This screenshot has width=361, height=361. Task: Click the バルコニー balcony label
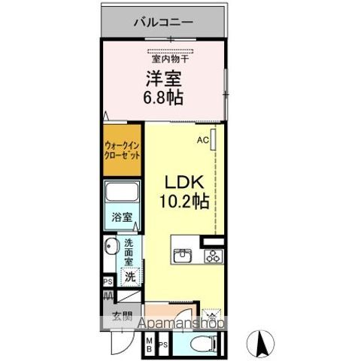click(163, 22)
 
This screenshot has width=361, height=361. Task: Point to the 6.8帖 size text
click(163, 97)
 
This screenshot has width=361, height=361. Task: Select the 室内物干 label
click(171, 57)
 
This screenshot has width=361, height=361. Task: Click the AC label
click(203, 140)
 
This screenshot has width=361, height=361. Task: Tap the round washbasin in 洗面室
click(110, 247)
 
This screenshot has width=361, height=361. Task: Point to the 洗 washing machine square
click(129, 276)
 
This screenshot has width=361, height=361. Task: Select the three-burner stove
click(213, 256)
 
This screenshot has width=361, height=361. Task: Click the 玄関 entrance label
click(122, 316)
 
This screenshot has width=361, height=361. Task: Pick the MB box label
click(148, 344)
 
